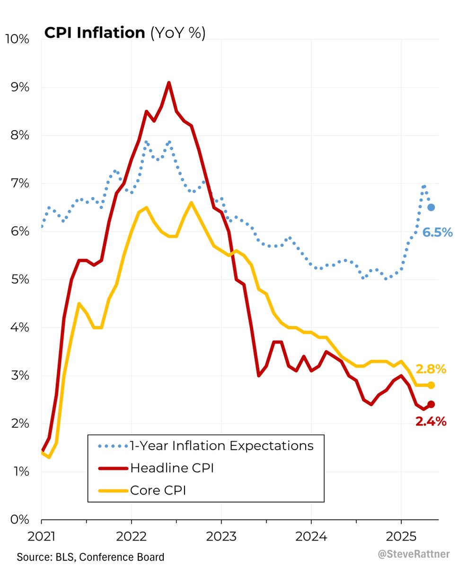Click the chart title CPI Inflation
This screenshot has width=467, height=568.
pos(94,33)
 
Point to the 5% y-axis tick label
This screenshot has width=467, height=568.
pos(20,279)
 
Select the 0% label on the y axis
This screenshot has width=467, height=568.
pos(20,519)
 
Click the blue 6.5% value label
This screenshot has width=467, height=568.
pos(438,232)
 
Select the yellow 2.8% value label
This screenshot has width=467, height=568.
pos(431,369)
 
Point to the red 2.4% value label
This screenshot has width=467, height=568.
pos(431,421)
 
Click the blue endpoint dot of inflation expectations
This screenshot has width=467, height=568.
pos(431,207)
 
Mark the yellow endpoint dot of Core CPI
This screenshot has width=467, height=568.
pos(431,385)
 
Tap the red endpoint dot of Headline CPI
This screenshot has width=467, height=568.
pos(431,404)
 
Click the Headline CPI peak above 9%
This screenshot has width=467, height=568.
pos(169,83)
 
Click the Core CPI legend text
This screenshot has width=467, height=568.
pos(158,490)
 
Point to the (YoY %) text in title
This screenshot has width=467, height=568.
pos(177,33)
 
